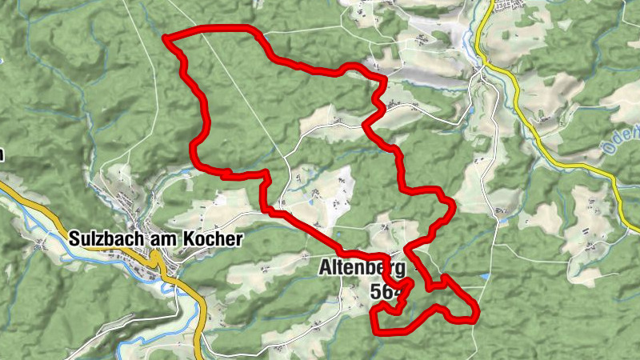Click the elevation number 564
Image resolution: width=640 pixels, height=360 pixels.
coord(386,292)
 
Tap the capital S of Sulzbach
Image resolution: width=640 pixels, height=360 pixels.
coord(74,239)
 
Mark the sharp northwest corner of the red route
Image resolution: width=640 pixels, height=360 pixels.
coord(166,38)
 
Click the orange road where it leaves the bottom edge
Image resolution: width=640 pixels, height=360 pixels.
coord(200,356)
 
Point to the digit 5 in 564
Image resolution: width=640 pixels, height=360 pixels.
coord(377,292)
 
